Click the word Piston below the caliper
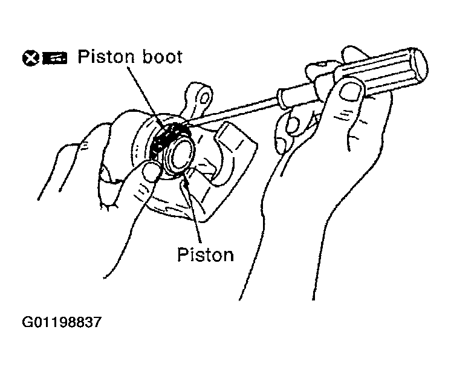pos(206,255)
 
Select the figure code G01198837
pos(62,322)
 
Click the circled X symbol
pos(31,58)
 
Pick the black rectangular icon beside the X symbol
pos(55,59)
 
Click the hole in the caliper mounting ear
pos(204,99)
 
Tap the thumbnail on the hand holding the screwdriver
pos(351,91)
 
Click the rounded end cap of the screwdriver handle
pos(420,64)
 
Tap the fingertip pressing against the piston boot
pos(151,172)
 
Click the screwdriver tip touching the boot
pos(184,125)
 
